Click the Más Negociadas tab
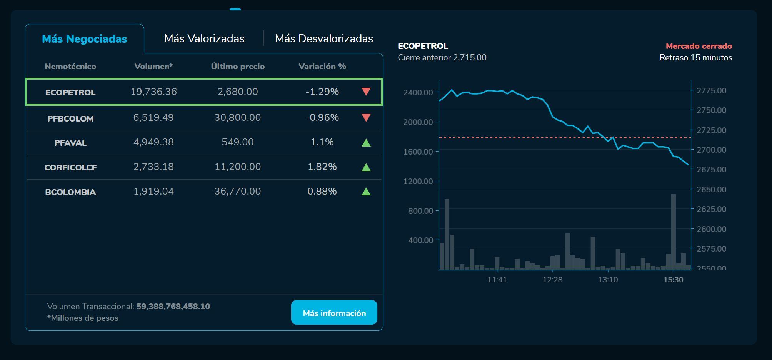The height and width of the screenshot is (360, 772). tap(84, 39)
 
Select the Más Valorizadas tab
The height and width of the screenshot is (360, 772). tap(204, 38)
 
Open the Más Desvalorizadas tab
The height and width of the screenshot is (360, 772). tap(324, 38)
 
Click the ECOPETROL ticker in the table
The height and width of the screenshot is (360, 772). tap(70, 92)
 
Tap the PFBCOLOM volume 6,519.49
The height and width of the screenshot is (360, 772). tap(153, 117)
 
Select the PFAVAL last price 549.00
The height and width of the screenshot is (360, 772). tap(238, 142)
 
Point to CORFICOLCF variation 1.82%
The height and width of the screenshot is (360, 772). tap(322, 167)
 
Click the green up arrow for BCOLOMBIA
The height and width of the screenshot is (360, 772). tap(366, 192)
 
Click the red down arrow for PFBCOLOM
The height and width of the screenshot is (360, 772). tap(366, 118)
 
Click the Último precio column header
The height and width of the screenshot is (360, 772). tap(238, 67)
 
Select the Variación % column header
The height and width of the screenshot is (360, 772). tap(322, 67)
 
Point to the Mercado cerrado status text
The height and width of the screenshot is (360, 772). tap(699, 46)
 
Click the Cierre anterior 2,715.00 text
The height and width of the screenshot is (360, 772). tap(442, 58)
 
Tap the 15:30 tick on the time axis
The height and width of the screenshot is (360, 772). tap(673, 280)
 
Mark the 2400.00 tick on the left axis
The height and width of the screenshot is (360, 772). tap(418, 92)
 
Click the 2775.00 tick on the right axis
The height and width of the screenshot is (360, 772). tap(711, 91)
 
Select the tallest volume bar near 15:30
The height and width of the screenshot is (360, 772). tap(673, 231)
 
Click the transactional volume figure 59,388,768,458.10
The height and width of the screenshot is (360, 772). tap(173, 307)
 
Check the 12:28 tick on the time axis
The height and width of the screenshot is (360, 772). tap(552, 280)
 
